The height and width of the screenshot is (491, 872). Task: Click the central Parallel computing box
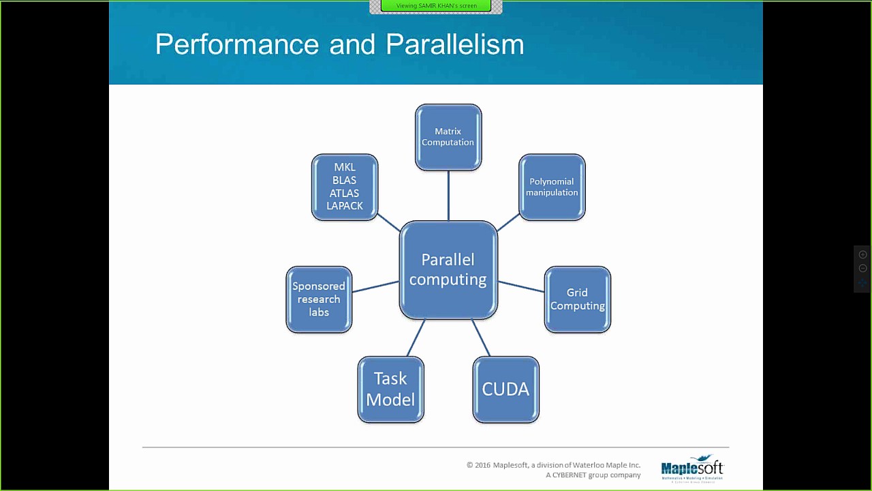click(x=448, y=269)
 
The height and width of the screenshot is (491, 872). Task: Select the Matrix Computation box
click(x=448, y=137)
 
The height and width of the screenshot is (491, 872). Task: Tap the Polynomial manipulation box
click(x=552, y=187)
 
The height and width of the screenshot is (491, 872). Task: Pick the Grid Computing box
click(x=577, y=299)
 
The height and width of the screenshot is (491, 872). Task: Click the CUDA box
click(x=505, y=389)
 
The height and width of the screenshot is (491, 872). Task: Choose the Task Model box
click(x=390, y=389)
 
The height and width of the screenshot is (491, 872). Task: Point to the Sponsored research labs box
click(x=319, y=299)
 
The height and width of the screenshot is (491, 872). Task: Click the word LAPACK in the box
click(x=345, y=206)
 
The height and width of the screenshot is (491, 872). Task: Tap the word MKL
click(x=345, y=167)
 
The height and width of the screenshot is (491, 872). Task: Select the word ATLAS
click(x=345, y=193)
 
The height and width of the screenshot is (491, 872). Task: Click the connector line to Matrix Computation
click(x=448, y=196)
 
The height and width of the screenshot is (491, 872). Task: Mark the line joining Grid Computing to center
click(x=521, y=286)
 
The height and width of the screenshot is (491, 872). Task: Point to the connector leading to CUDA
click(x=481, y=338)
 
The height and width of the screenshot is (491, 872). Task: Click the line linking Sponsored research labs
click(x=375, y=286)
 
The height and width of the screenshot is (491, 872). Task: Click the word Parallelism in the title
click(x=455, y=44)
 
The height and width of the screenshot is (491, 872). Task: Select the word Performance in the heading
click(x=237, y=44)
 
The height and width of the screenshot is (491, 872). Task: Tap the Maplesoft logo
click(x=691, y=468)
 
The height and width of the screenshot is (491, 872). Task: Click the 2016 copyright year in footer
click(x=482, y=465)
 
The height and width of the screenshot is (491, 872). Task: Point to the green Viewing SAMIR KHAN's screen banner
click(x=436, y=6)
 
